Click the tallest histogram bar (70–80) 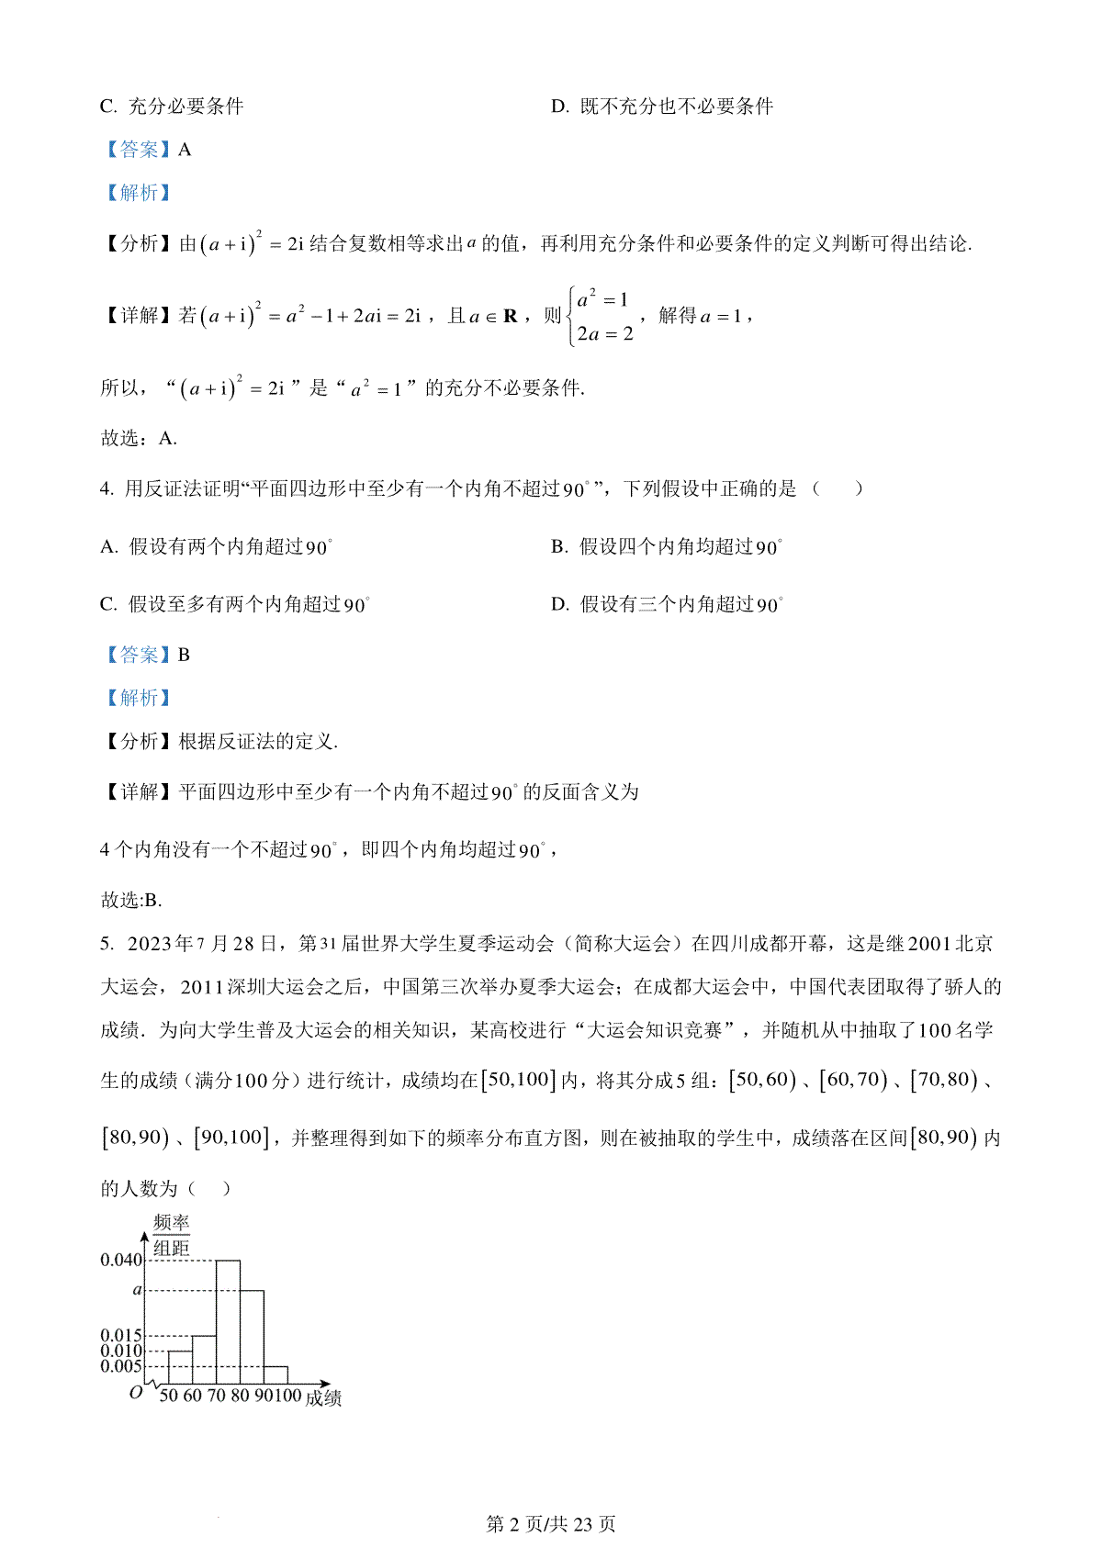tap(228, 1322)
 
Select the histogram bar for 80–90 tap(252, 1337)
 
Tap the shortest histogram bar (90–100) tap(275, 1374)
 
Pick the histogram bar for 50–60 tap(180, 1367)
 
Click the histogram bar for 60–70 tap(204, 1360)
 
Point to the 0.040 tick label tap(121, 1260)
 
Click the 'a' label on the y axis tap(138, 1290)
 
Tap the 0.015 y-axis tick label tap(121, 1335)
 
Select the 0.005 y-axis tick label tap(121, 1366)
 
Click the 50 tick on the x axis tap(168, 1396)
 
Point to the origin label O tap(136, 1392)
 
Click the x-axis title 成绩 tap(323, 1397)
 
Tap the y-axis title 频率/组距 tap(171, 1235)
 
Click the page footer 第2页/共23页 tap(550, 1524)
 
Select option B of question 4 tap(666, 547)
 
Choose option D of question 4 tap(667, 604)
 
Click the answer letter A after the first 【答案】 tap(185, 150)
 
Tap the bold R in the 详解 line tap(511, 316)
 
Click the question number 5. tap(106, 944)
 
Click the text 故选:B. tap(130, 900)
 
